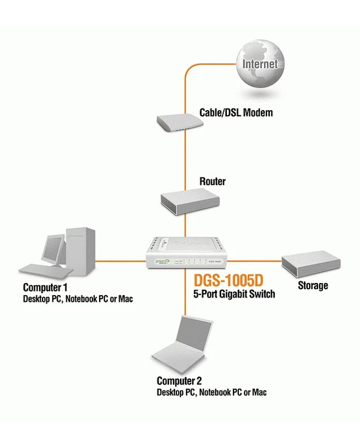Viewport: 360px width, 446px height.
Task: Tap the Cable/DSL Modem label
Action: coord(236,113)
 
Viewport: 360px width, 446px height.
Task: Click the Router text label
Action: coord(212,181)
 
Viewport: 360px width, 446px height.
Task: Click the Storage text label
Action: coord(313,285)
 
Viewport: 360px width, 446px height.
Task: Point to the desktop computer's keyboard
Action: coord(36,269)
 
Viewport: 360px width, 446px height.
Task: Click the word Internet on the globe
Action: coord(260,63)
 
